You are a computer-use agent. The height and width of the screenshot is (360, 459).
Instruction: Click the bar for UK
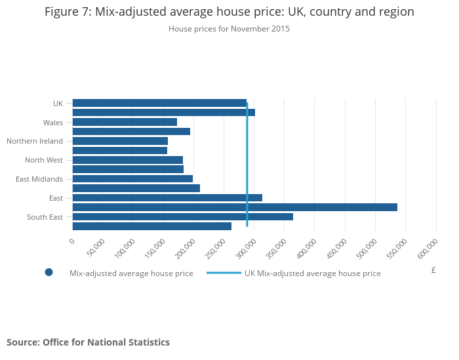(159, 103)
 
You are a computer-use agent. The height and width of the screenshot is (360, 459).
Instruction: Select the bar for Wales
(125, 122)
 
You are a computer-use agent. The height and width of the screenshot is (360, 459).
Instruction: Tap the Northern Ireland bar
(120, 141)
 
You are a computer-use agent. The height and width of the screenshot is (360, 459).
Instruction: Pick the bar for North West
(127, 160)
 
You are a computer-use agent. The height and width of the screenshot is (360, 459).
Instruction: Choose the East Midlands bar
(132, 178)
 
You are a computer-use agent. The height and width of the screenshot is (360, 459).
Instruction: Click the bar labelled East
(167, 197)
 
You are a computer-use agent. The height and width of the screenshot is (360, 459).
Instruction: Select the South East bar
(182, 216)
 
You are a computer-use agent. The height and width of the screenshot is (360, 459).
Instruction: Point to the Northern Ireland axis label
(35, 141)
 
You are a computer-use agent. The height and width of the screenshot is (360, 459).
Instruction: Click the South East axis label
(45, 216)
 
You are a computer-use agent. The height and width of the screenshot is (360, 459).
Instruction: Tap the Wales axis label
(53, 122)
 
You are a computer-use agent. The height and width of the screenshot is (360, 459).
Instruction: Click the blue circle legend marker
(49, 273)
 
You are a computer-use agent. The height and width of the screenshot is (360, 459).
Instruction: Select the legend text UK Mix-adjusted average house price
(312, 273)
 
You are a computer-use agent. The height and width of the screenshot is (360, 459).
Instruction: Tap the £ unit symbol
(433, 270)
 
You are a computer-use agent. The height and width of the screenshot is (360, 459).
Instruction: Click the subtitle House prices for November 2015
(229, 29)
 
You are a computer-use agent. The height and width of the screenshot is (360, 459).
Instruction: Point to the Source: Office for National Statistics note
(88, 342)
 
